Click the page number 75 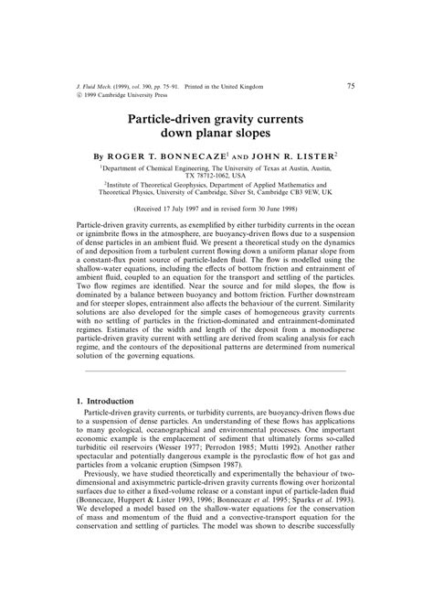351,86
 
